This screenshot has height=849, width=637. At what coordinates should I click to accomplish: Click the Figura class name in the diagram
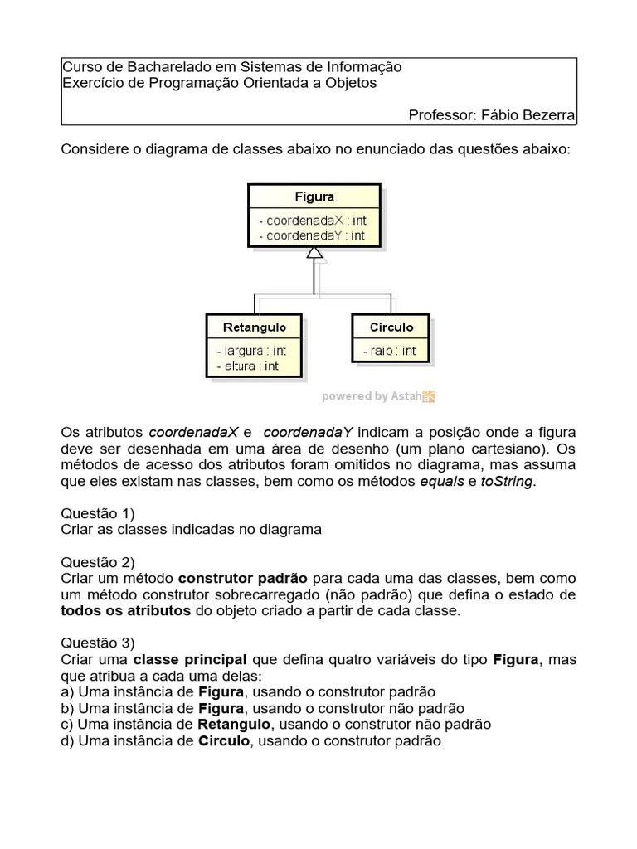pos(314,196)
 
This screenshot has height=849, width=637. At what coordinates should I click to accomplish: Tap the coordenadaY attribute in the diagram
pos(312,235)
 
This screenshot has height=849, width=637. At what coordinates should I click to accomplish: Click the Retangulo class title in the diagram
pos(254,327)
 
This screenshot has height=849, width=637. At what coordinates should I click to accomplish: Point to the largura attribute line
pos(250,351)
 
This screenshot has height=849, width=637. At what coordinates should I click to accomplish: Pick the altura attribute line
pos(247,366)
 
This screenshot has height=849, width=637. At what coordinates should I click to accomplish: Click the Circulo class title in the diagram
pos(391,327)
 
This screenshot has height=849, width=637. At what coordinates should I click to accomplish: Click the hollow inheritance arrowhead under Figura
pos(314,253)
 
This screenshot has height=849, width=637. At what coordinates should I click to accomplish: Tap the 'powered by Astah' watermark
pos(378,396)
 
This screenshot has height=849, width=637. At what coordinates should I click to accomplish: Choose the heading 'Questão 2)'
pos(98,560)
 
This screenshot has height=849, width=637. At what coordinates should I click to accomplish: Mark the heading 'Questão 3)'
pos(98,642)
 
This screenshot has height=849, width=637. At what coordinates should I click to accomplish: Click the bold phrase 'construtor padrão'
pos(243,578)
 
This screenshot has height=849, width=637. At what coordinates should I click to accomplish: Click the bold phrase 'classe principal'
pos(190,659)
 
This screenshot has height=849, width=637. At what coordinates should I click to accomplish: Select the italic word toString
pos(508,481)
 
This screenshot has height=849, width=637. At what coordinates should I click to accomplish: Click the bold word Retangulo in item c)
pos(237,724)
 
